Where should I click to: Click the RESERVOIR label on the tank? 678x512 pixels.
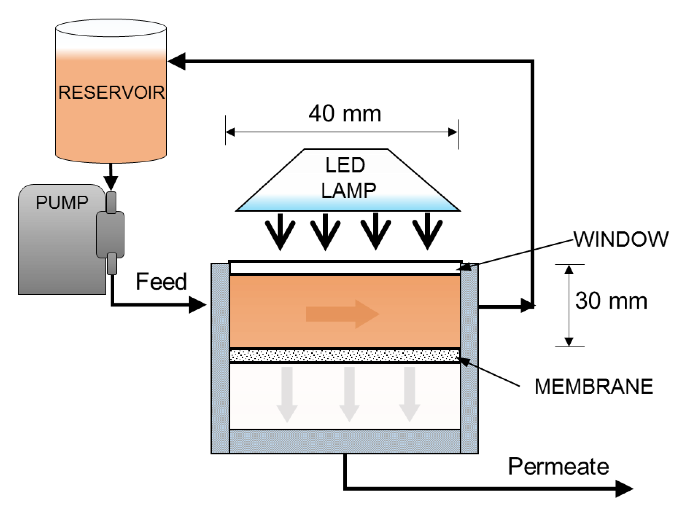point(111,93)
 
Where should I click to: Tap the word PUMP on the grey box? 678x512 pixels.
point(62,202)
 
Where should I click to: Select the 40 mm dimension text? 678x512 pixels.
point(345,114)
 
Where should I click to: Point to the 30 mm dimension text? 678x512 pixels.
point(611,301)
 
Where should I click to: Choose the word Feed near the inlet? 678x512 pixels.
point(161,282)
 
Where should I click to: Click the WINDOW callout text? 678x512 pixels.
point(621,239)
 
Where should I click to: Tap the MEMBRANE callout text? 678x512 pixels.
point(594,387)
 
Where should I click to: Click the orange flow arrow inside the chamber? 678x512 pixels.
point(343,314)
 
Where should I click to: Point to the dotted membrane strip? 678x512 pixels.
point(345,356)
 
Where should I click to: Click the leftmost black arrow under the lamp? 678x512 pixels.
point(280,232)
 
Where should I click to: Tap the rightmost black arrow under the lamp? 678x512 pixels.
point(427,232)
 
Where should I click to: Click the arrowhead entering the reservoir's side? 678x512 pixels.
point(177,61)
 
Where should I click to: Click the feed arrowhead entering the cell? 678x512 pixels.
point(197,305)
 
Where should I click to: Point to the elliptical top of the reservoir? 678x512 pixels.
point(111,28)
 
